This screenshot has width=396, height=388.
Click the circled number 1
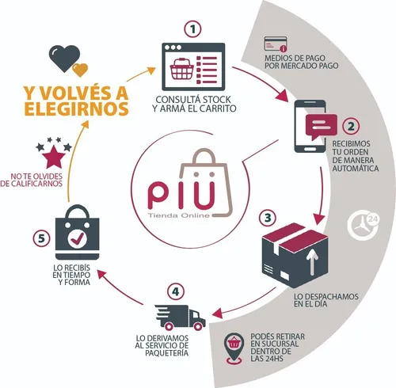point(192,29)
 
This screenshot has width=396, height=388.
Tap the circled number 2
point(351,127)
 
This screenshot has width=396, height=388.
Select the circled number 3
point(268,218)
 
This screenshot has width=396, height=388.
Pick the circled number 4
point(176,292)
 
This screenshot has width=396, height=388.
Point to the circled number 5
point(41,238)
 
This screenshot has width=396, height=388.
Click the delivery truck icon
point(180,318)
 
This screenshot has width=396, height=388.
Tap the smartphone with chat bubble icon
point(316,126)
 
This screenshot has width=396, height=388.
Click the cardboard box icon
point(295,255)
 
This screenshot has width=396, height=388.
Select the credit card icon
point(276,44)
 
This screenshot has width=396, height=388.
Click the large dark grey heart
point(64,58)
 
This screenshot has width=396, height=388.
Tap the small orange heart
point(80,70)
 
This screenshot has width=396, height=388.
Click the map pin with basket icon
point(234,348)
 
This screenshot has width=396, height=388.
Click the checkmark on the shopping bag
point(78,239)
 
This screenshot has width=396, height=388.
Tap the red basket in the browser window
point(181,69)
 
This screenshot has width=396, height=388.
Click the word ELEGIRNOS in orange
point(77,108)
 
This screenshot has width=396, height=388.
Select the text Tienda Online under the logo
point(179,215)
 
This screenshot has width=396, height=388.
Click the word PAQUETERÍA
point(167,353)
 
